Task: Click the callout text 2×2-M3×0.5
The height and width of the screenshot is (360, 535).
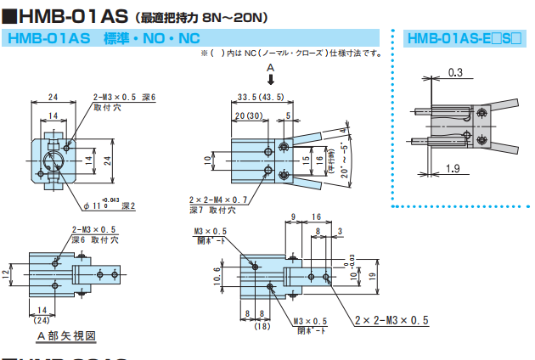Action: click(390, 319)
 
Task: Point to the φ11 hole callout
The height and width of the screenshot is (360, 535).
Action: click(94, 205)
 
